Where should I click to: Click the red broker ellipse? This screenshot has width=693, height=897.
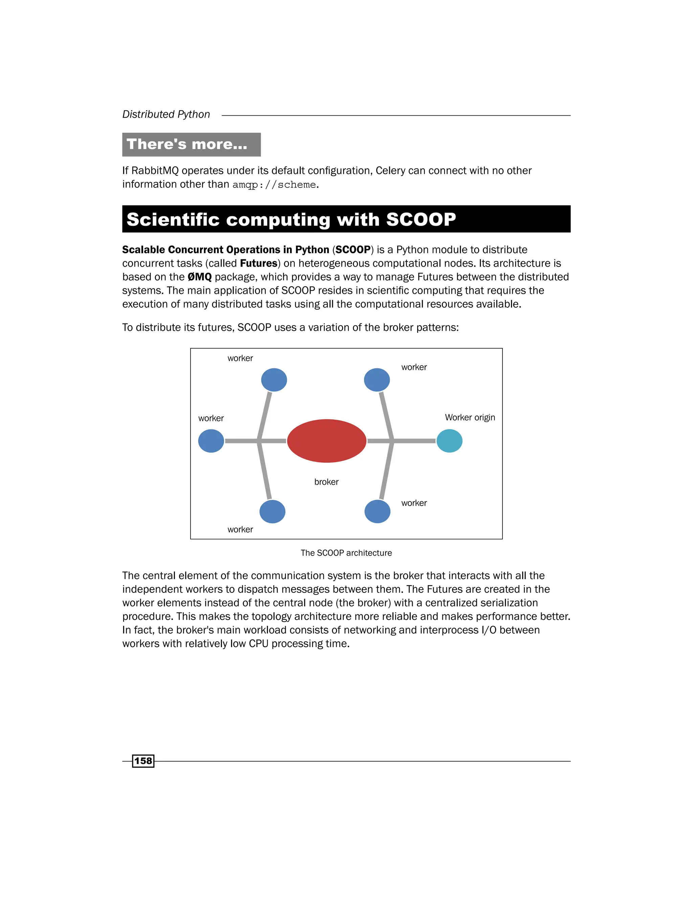click(327, 441)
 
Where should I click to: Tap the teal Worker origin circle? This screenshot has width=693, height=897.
click(449, 441)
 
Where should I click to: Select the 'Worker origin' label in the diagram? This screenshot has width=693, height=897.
click(470, 417)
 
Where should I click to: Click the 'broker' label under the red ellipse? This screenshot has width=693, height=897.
click(327, 482)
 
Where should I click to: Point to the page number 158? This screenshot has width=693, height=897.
click(143, 761)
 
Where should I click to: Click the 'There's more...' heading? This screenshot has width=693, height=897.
click(187, 144)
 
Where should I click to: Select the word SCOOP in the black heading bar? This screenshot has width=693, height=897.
click(421, 219)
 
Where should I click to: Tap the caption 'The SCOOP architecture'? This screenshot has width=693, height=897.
click(346, 553)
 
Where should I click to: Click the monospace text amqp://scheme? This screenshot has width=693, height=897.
click(274, 185)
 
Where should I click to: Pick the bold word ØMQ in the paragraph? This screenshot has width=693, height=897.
click(200, 277)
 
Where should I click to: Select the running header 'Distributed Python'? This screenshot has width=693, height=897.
click(166, 114)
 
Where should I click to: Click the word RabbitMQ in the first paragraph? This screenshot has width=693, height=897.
click(155, 171)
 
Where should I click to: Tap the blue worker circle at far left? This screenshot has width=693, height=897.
click(211, 441)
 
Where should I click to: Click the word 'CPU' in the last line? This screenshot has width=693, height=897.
click(259, 643)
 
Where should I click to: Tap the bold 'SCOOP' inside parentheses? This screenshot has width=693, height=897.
click(353, 250)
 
